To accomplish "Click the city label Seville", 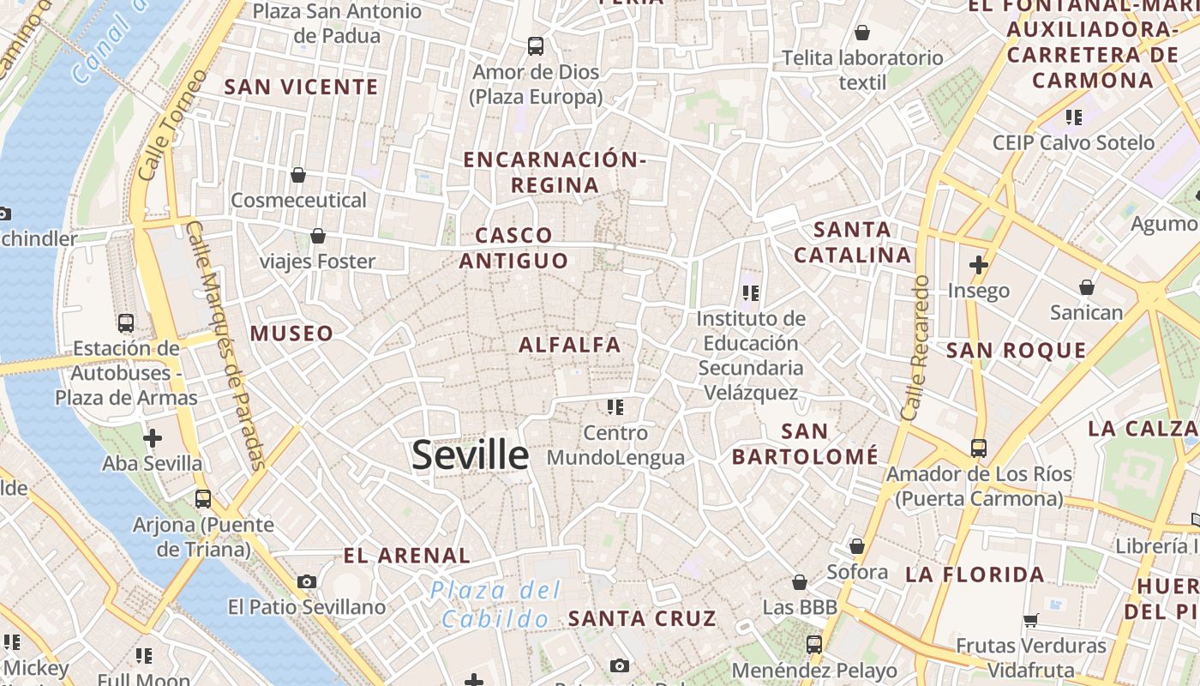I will click(470, 454).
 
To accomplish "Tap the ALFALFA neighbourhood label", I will click(570, 345).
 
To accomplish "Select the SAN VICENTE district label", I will click(301, 87).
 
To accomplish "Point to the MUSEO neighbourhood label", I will click(291, 333).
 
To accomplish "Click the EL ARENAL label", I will click(407, 555).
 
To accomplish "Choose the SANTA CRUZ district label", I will click(642, 617).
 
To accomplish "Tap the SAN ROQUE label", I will click(1016, 350).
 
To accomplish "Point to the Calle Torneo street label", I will click(172, 125).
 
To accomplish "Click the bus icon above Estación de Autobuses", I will click(126, 323).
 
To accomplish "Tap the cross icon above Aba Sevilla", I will click(153, 438).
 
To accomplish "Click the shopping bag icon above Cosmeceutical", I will click(298, 175).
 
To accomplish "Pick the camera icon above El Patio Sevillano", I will click(307, 581).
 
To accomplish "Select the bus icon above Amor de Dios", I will click(536, 46).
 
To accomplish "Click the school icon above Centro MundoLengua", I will click(615, 406).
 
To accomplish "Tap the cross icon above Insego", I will click(978, 265).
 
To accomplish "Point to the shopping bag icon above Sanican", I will click(1087, 287).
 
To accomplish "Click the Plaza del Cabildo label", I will click(496, 605).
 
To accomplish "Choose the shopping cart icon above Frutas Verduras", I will click(1030, 620).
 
